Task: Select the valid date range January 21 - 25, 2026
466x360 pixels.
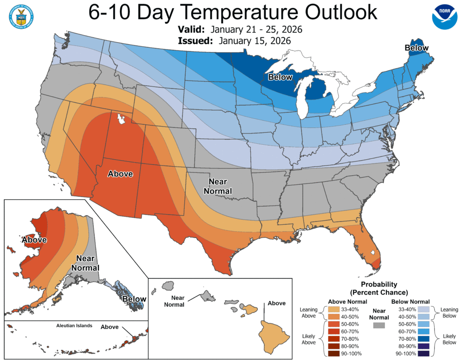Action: tap(253, 30)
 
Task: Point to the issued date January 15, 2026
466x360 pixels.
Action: tap(254, 41)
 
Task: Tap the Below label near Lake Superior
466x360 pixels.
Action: tap(280, 77)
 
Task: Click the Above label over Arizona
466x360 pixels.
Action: tap(120, 173)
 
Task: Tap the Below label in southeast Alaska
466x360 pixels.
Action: tap(134, 299)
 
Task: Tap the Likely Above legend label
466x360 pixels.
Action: tap(309, 339)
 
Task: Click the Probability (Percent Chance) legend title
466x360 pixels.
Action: tap(379, 288)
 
